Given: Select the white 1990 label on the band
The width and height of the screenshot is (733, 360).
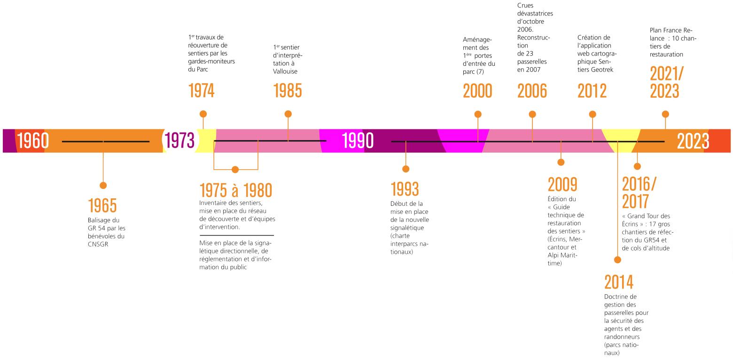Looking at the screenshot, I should (x=358, y=141).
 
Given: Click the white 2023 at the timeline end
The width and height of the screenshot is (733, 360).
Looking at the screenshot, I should (x=693, y=141).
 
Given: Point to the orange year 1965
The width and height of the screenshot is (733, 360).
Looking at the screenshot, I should (x=102, y=205).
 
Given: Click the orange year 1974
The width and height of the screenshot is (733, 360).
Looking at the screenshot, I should (x=201, y=91).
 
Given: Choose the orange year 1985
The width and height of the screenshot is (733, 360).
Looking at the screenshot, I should (x=288, y=91).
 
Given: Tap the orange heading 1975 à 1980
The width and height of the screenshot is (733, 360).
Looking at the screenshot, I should (x=235, y=190).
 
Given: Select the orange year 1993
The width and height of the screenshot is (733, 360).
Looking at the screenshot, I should (x=405, y=189).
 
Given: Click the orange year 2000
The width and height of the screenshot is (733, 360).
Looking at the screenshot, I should (x=477, y=91).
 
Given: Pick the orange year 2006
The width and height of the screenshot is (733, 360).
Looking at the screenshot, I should (x=532, y=91).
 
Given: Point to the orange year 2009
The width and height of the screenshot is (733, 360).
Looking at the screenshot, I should (x=562, y=185).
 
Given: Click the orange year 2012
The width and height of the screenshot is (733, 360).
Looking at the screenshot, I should (x=592, y=91).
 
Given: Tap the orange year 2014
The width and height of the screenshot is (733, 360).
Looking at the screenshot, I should (x=619, y=282).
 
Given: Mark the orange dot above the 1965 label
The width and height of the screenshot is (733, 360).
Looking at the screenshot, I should (x=103, y=186).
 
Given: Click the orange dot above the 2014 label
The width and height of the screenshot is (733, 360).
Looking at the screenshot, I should (x=618, y=259).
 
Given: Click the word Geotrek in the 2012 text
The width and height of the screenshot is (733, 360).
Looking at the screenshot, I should (x=603, y=70).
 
